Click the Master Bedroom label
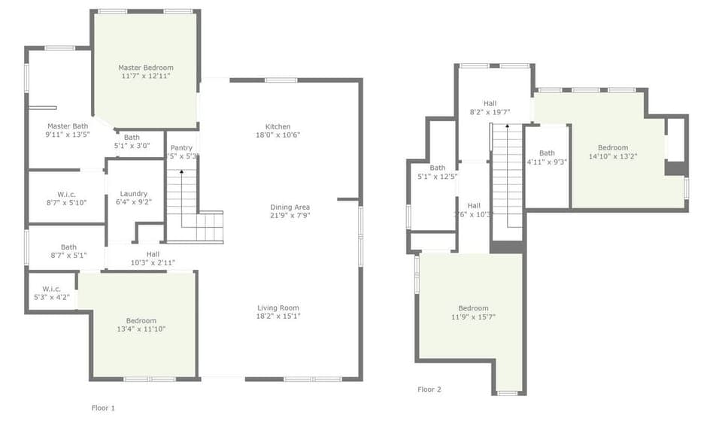tap(145, 68)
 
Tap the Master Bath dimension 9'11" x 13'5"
tap(68, 135)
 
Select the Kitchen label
tap(278, 126)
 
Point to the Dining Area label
tap(290, 207)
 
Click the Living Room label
tap(278, 307)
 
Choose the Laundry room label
tap(134, 193)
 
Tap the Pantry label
tap(181, 147)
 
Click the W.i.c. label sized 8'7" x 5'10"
tap(66, 194)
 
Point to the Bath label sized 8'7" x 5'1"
tap(68, 247)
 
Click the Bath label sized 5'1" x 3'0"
tap(132, 137)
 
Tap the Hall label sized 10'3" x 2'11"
tap(153, 254)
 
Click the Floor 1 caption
tap(103, 407)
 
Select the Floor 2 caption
tap(429, 389)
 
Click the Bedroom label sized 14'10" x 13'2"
tap(613, 147)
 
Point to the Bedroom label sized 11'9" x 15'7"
tap(473, 308)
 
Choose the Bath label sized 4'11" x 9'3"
tap(547, 153)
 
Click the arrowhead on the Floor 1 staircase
tap(181, 173)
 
